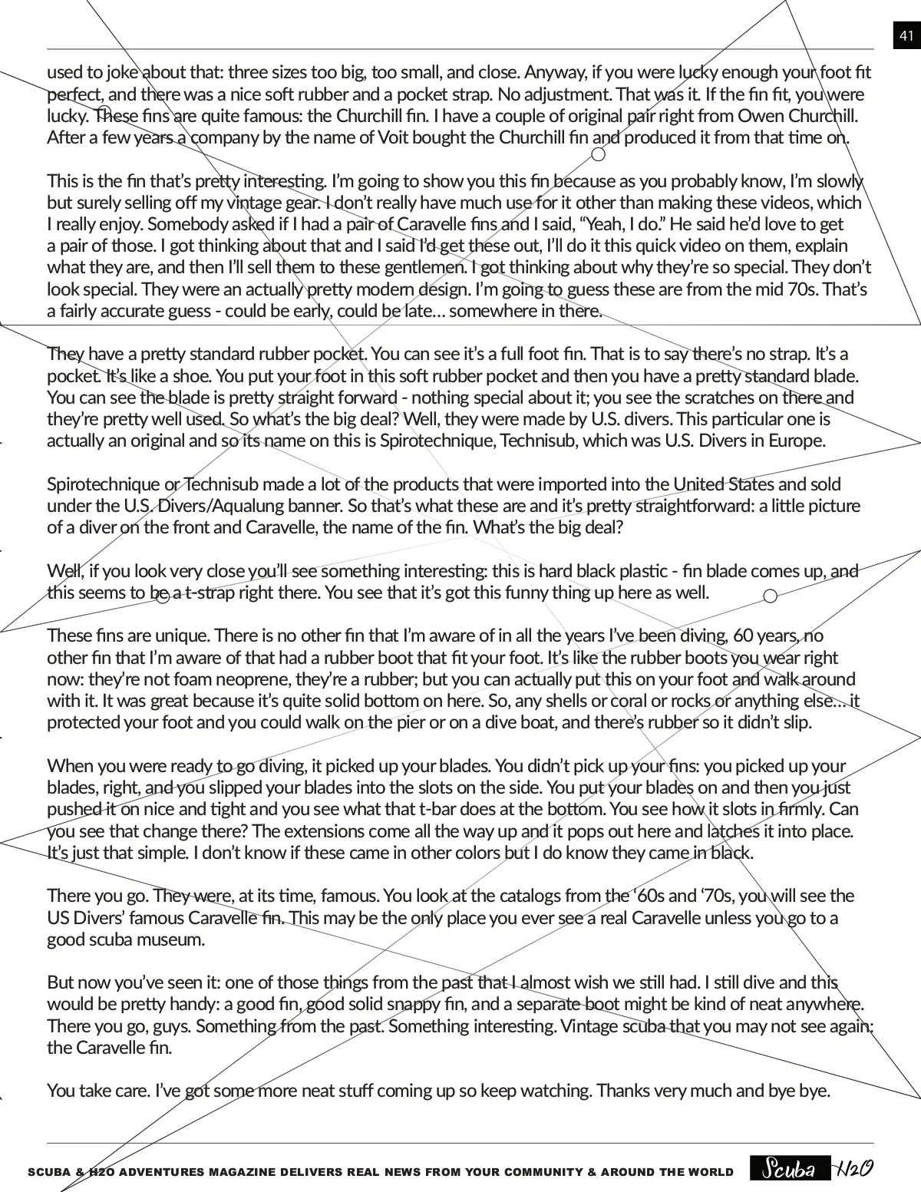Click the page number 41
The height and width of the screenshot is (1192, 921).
click(x=906, y=36)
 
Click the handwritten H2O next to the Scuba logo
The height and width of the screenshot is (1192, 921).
click(x=854, y=1168)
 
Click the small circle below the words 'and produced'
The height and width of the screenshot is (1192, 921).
click(x=599, y=154)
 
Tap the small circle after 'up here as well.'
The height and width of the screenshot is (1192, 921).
click(x=771, y=596)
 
